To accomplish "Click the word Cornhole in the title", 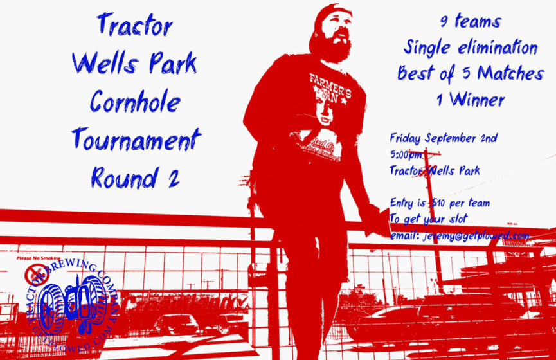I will tap(135, 102).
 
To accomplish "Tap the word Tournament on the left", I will tap(136, 138).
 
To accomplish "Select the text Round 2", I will tap(135, 176).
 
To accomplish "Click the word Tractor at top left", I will tap(135, 26).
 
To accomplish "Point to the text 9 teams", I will tap(470, 21).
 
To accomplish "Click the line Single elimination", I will tap(471, 48).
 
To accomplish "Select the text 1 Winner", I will tap(469, 99).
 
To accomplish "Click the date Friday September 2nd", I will tap(444, 138).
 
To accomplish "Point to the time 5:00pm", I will tap(406, 154).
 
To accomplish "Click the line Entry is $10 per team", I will tap(440, 203).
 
